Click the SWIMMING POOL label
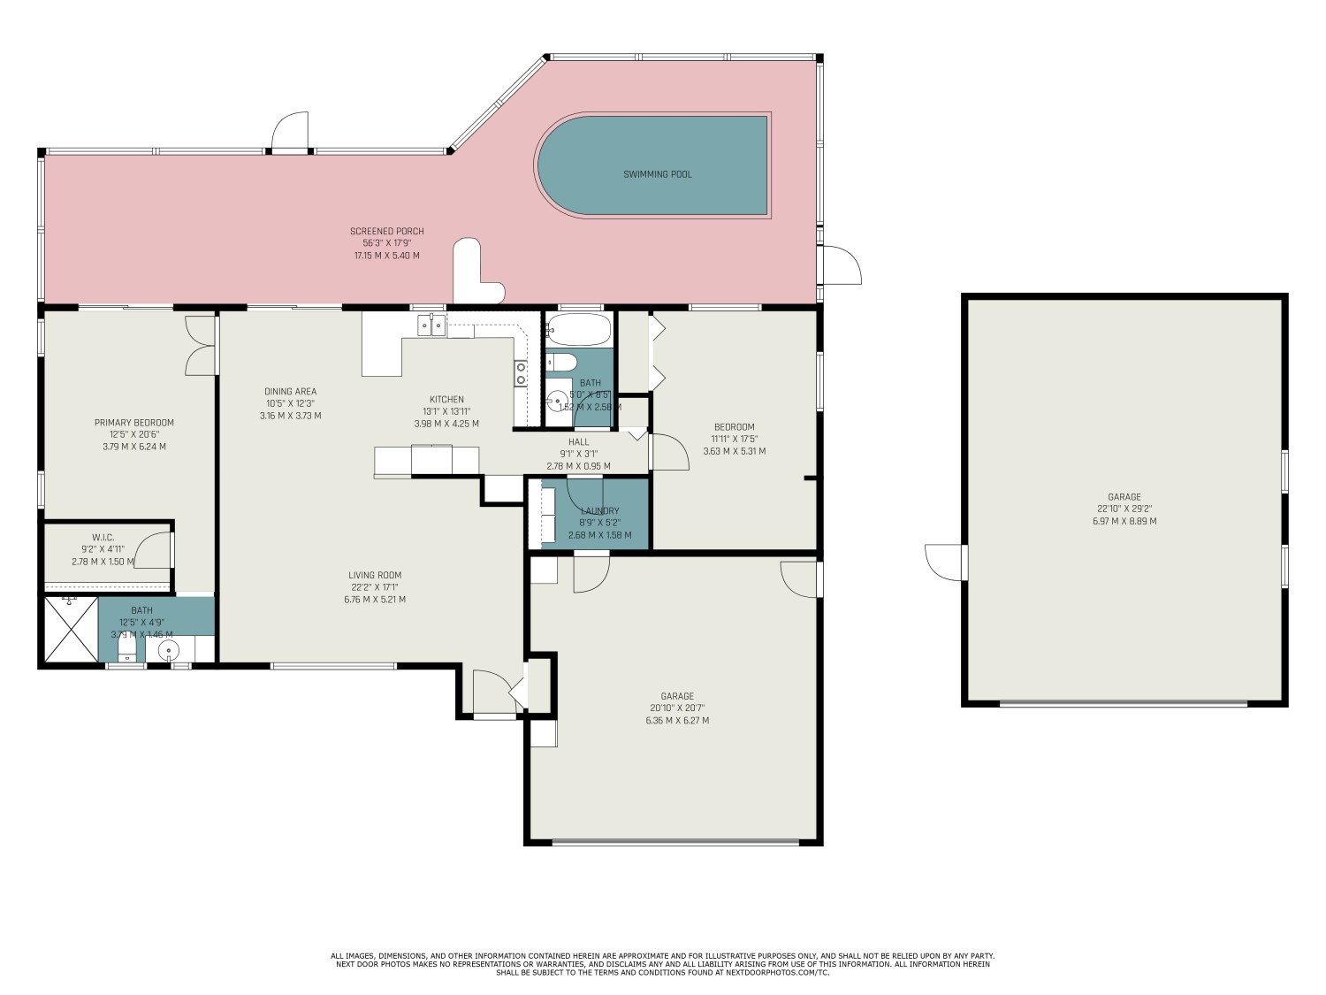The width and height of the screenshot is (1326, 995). click(658, 174)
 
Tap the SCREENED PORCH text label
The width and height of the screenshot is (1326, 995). click(386, 232)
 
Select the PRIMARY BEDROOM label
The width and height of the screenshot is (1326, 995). click(134, 423)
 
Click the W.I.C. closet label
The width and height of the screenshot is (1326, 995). click(103, 538)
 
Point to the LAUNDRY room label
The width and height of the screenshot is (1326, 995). click(599, 511)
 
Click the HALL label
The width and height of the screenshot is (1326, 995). click(578, 442)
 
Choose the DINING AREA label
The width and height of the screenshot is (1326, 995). click(290, 392)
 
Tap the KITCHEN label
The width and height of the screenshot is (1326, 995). click(446, 400)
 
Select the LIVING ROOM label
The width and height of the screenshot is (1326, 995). click(375, 575)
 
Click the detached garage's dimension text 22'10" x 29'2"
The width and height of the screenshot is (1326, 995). click(1124, 509)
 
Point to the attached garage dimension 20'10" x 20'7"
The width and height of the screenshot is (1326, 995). click(677, 708)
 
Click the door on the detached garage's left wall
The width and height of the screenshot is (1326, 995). click(946, 562)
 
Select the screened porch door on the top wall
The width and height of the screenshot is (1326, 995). click(290, 133)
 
